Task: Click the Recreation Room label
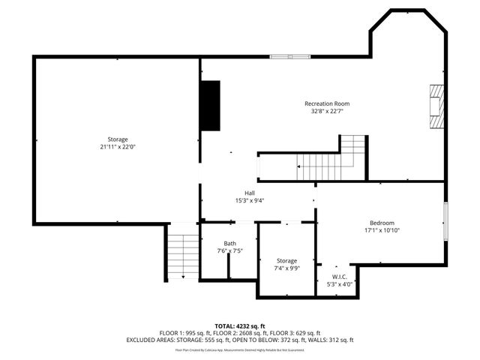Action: pos(326,103)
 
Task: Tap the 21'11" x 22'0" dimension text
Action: pos(117,147)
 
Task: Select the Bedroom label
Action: pos(381,223)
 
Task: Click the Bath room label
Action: pos(229,244)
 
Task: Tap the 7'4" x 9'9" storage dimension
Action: pos(286,268)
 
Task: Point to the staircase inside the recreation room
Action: pos(332,158)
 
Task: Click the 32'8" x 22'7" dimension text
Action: pos(326,111)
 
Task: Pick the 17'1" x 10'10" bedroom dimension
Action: pos(381,230)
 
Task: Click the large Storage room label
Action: pos(117,139)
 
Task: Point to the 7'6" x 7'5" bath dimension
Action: pos(229,251)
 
